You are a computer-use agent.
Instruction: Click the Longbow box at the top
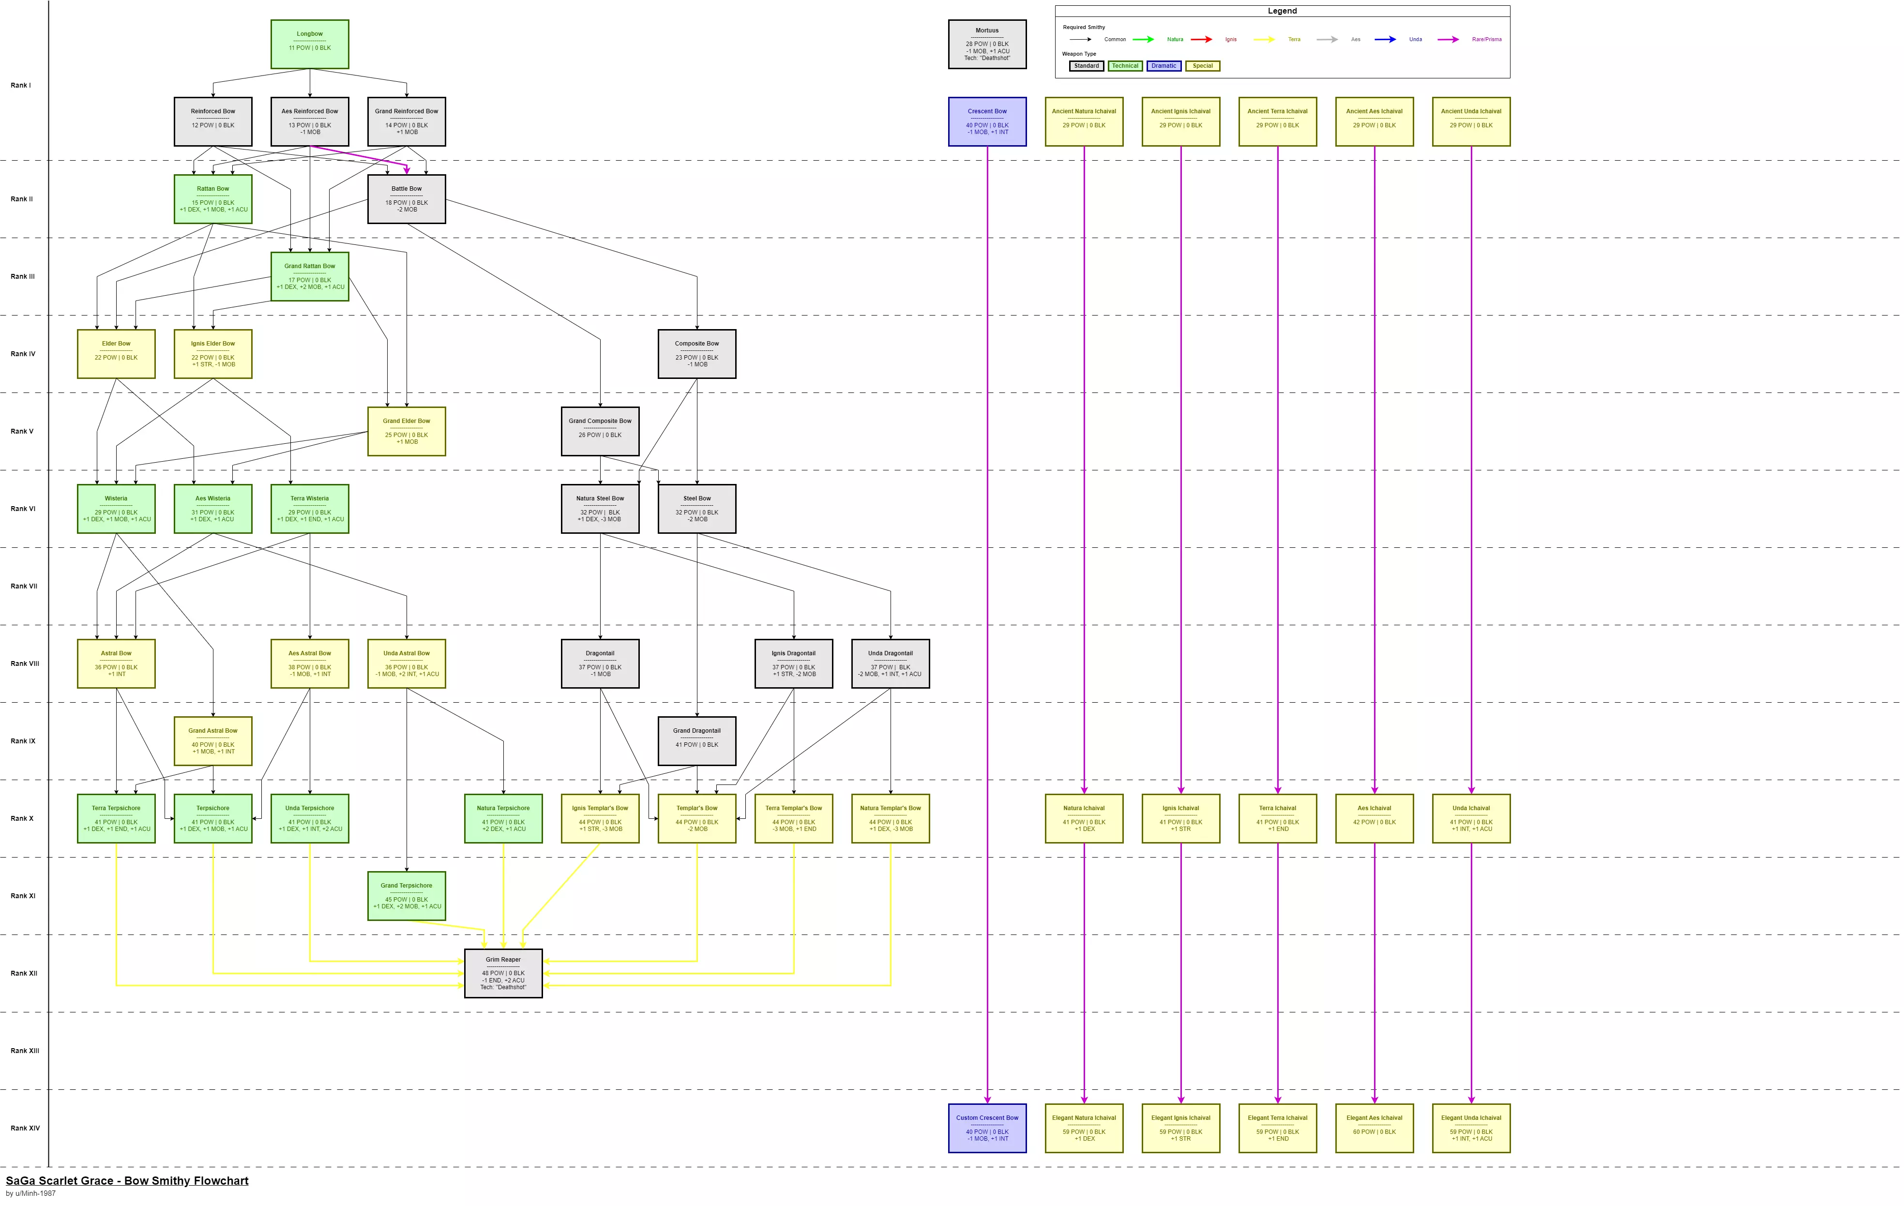[x=309, y=45]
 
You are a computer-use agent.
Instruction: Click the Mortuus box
[x=987, y=45]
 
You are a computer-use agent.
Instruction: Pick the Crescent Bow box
[x=987, y=122]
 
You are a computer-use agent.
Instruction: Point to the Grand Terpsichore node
[x=407, y=896]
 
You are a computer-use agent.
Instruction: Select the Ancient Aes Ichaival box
[x=1374, y=122]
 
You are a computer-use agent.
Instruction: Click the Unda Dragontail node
[x=891, y=663]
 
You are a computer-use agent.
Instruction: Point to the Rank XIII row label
[x=25, y=1051]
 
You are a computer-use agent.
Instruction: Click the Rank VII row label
[x=24, y=586]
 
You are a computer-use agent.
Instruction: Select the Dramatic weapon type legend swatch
[x=1163, y=66]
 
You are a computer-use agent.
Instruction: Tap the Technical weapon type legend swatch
[x=1124, y=66]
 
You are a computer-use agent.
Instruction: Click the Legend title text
[x=1282, y=11]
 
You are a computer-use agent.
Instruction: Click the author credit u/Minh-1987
[x=31, y=1194]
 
